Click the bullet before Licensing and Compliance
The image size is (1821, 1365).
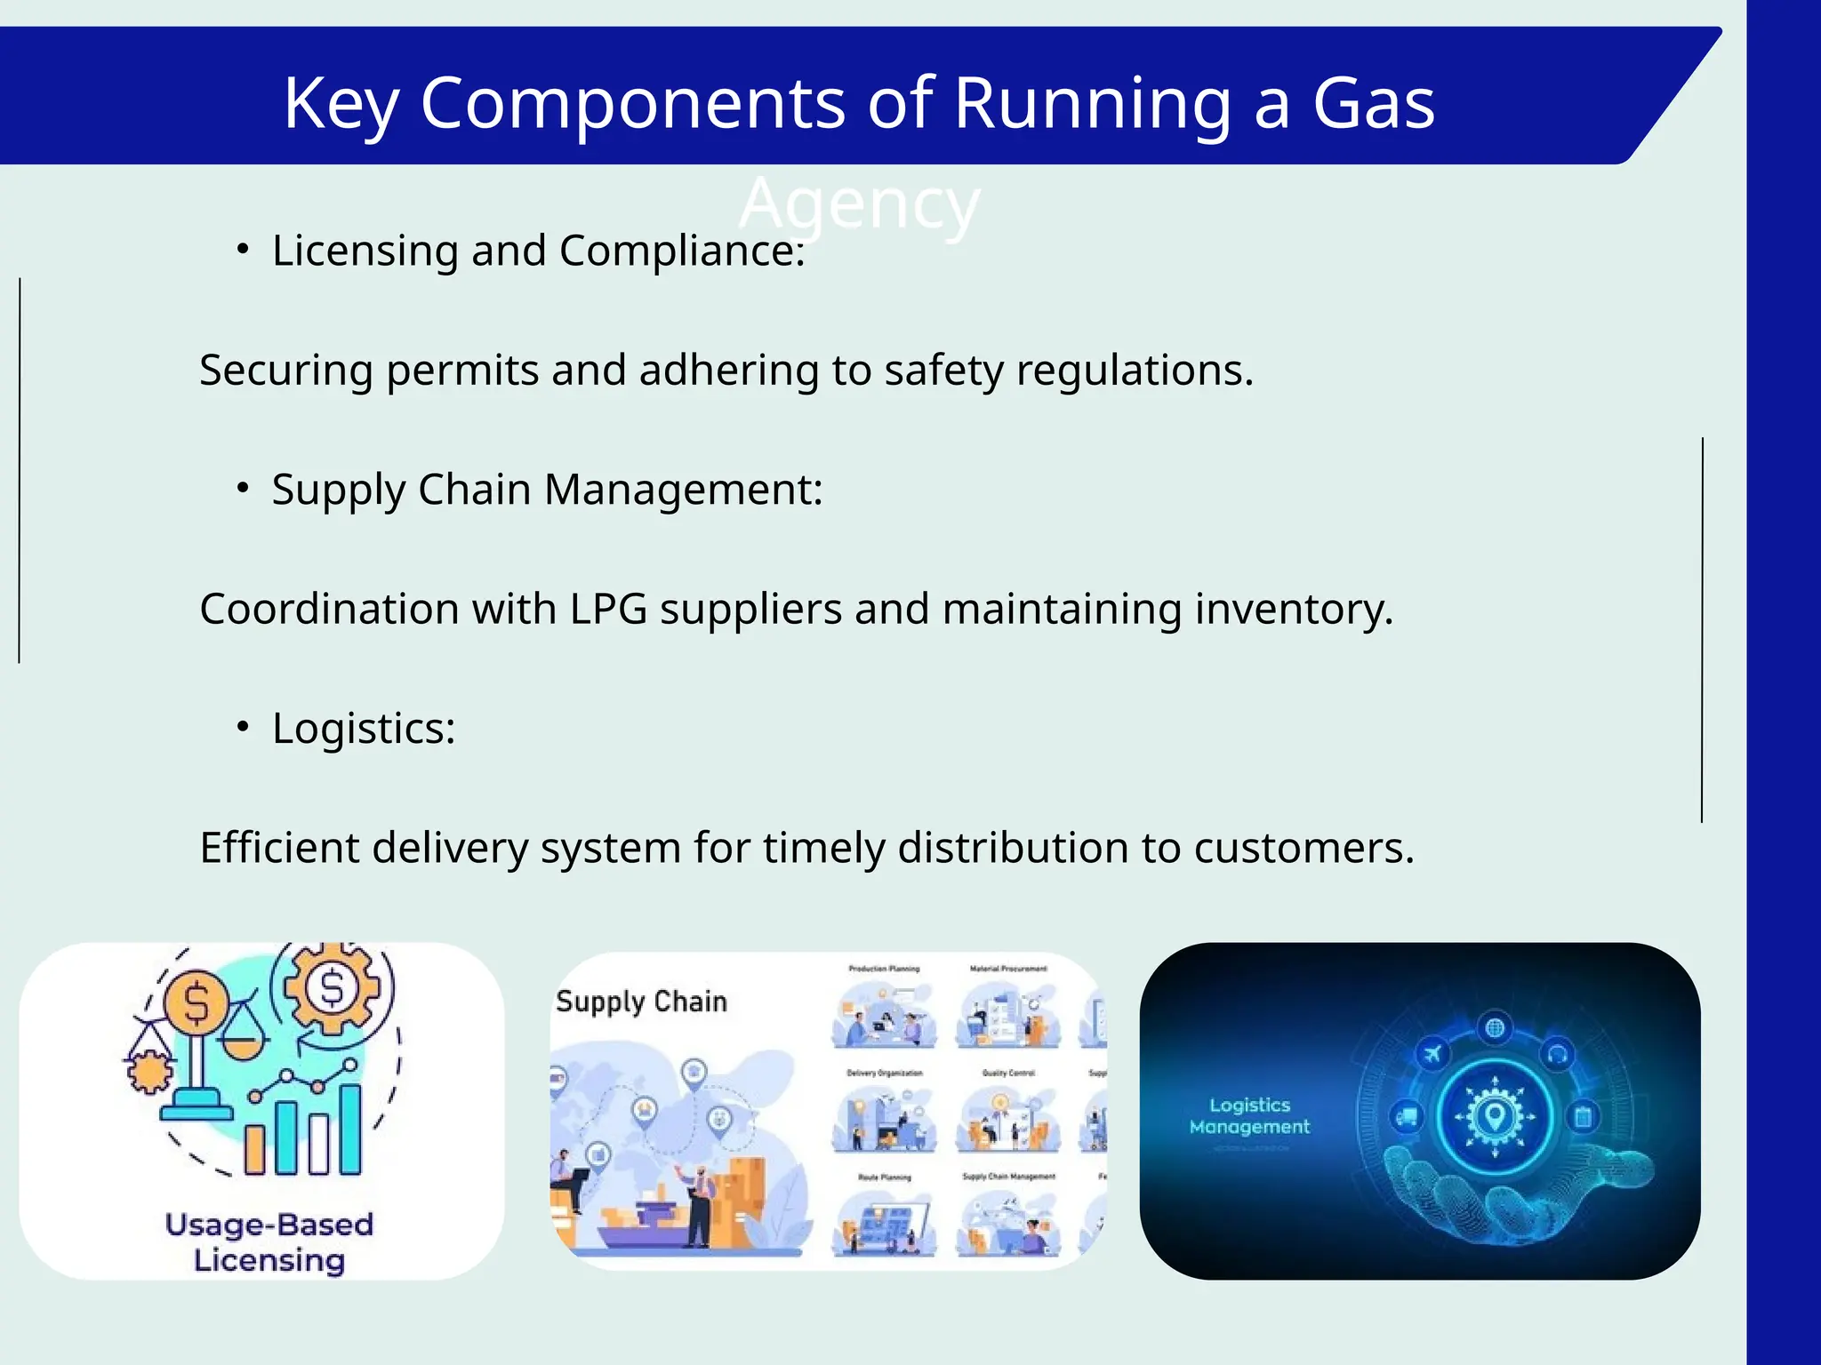pyautogui.click(x=243, y=250)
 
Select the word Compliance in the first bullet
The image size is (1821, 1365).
pyautogui.click(x=682, y=251)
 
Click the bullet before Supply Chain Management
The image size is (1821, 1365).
pyautogui.click(x=243, y=489)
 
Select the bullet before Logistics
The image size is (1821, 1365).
pyautogui.click(x=243, y=728)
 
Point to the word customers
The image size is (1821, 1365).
pyautogui.click(x=1304, y=849)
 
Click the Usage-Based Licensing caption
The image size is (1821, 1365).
pyautogui.click(x=269, y=1242)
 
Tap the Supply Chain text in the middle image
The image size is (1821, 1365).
pyautogui.click(x=641, y=1002)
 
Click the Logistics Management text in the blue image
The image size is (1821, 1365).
pyautogui.click(x=1249, y=1116)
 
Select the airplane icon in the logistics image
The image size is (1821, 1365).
pyautogui.click(x=1432, y=1055)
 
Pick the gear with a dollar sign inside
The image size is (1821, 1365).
pyautogui.click(x=332, y=987)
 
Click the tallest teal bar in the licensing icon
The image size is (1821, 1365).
pyautogui.click(x=350, y=1129)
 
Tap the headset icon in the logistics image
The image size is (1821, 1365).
pyautogui.click(x=1557, y=1055)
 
